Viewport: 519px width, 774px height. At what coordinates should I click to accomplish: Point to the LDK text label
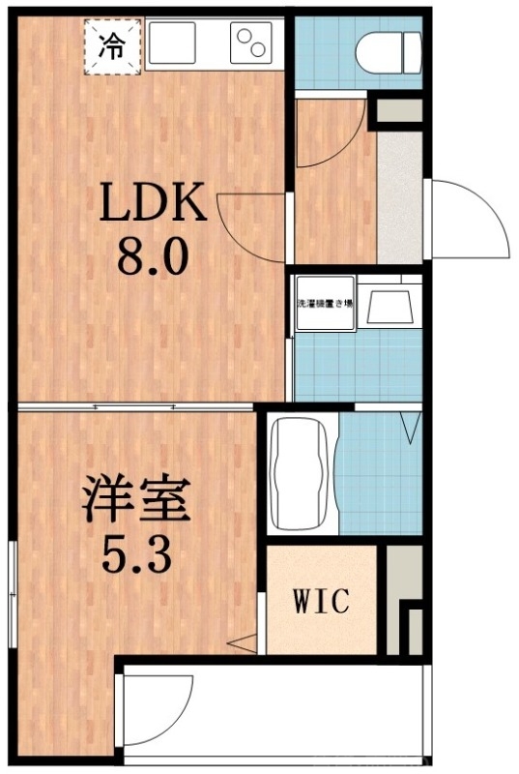coord(154,205)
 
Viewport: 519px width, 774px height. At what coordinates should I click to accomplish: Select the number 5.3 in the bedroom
coord(136,555)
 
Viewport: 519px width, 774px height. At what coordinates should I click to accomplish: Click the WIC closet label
coord(320,602)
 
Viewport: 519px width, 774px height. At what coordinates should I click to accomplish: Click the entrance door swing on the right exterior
coord(469,220)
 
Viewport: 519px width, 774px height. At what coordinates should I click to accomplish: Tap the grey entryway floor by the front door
coord(399,198)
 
